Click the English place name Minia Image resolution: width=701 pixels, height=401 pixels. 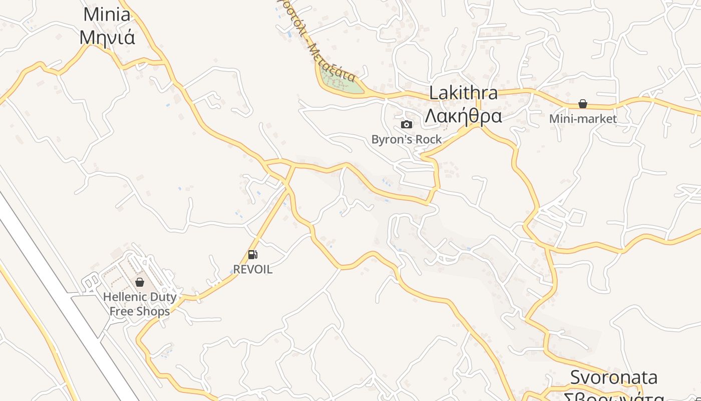coord(107,14)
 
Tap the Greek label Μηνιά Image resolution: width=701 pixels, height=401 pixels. coord(107,37)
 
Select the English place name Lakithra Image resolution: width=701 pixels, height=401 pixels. coord(464,93)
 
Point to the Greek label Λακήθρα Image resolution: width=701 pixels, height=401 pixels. coord(463,116)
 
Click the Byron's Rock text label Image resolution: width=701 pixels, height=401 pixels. coord(407,139)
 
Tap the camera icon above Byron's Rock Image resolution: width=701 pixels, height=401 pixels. coord(407,124)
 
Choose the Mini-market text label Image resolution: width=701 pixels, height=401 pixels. coord(583,119)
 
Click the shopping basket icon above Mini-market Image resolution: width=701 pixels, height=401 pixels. coord(583,104)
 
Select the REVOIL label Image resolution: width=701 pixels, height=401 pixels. coord(253,269)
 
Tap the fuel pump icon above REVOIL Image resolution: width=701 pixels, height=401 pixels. coord(253,255)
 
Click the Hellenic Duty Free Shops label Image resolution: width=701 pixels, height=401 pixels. coord(140,304)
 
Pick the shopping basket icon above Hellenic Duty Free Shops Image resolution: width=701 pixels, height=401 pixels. coord(140,282)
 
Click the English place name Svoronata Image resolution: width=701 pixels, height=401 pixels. coord(613,377)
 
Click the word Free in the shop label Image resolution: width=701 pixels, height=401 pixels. coord(122,311)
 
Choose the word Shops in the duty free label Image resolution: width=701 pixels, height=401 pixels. coord(153,311)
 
